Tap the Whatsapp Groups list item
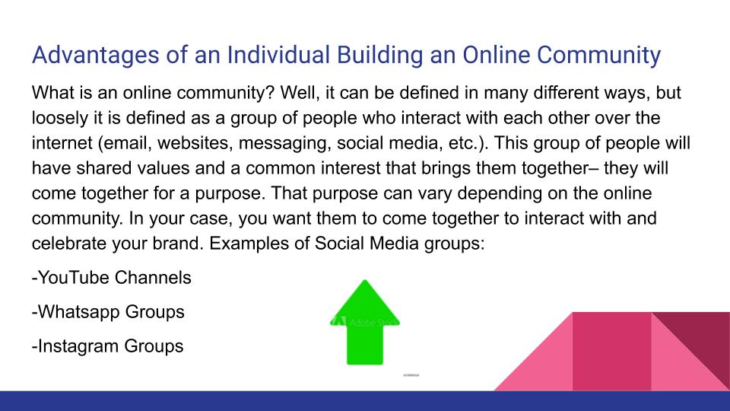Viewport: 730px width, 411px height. [x=108, y=312]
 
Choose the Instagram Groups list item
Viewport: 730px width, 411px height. [x=108, y=346]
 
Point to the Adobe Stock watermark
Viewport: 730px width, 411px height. [x=362, y=320]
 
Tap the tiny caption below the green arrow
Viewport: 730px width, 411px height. [x=411, y=375]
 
